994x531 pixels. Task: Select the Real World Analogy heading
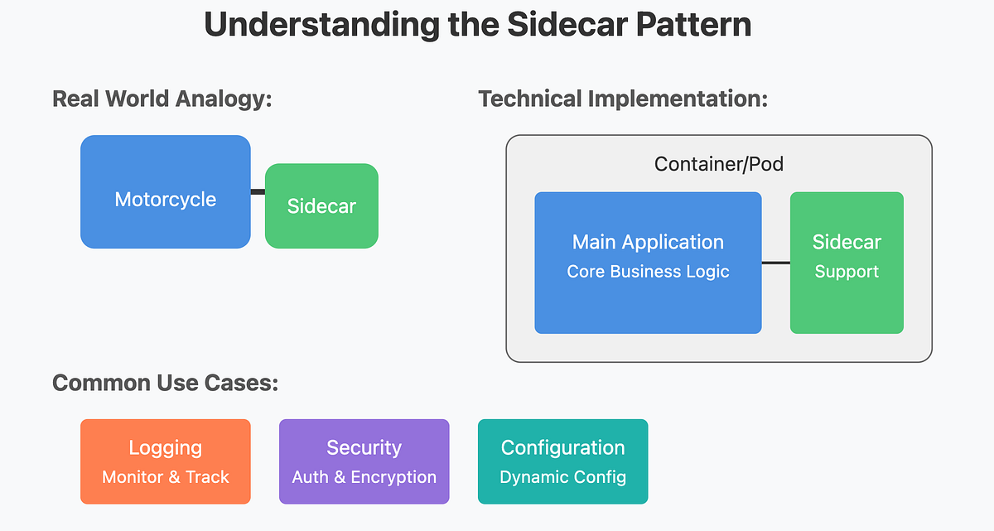point(162,99)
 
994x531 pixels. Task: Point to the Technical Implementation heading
point(623,99)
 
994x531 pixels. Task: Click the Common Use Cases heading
point(165,383)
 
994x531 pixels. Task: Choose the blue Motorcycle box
point(166,191)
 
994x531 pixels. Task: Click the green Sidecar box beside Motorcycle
point(321,206)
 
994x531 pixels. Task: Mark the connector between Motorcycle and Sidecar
point(258,192)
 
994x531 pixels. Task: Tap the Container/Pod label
point(718,164)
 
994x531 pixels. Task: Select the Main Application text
point(648,242)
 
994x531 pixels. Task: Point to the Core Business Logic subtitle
point(648,272)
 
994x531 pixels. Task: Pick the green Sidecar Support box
point(847,263)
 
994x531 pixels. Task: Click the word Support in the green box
point(847,272)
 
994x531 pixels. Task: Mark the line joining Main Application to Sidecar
point(775,263)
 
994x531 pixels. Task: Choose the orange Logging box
point(166,461)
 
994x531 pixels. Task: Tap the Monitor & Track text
point(166,477)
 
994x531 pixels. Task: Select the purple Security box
point(364,461)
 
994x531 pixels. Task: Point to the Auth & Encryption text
point(364,477)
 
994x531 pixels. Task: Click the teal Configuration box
point(562,461)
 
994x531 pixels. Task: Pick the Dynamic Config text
point(562,477)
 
